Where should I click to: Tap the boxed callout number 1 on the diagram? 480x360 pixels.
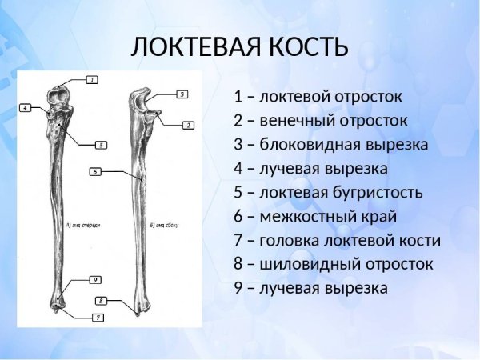[x=92, y=80]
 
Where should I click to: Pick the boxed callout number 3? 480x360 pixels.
[x=182, y=94]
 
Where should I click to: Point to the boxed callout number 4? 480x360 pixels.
[x=26, y=107]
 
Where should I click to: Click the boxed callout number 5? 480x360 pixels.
[x=101, y=145]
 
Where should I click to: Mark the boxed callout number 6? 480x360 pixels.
[x=94, y=171]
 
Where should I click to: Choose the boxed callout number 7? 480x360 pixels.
[x=98, y=318]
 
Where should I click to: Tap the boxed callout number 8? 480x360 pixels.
[x=102, y=301]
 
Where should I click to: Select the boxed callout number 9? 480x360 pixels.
[x=94, y=280]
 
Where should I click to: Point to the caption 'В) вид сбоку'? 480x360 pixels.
[x=163, y=226]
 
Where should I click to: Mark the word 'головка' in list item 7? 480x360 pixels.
[x=290, y=241]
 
